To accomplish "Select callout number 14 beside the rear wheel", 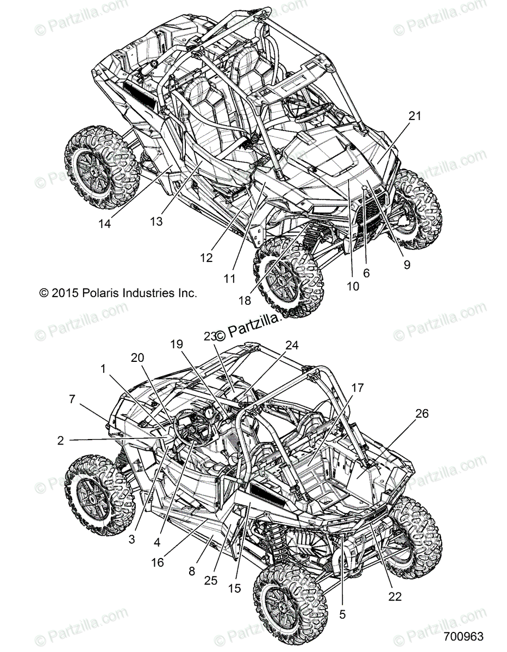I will [104, 223].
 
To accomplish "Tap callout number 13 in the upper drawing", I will [156, 221].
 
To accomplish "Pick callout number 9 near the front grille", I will [407, 265].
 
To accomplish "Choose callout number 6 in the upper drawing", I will [366, 273].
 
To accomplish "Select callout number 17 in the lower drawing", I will [357, 388].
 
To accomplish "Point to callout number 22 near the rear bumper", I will [395, 596].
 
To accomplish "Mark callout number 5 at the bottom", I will [342, 615].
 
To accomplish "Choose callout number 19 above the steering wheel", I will [177, 344].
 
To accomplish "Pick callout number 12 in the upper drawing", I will [206, 259].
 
